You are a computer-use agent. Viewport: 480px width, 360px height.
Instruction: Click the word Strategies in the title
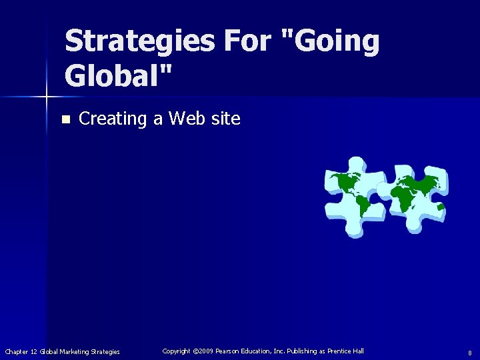pyautogui.click(x=139, y=41)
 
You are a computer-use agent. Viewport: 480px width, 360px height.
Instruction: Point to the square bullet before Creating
pyautogui.click(x=65, y=120)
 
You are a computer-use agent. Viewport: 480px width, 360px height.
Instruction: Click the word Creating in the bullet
pyautogui.click(x=112, y=119)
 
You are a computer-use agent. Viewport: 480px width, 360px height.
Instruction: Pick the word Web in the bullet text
pyautogui.click(x=185, y=119)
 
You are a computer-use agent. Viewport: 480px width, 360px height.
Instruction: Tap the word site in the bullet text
pyautogui.click(x=225, y=119)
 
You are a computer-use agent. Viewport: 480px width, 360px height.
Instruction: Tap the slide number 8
pyautogui.click(x=470, y=352)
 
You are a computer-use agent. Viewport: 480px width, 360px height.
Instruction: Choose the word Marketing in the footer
pyautogui.click(x=73, y=351)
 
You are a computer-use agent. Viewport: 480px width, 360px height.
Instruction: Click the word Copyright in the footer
pyautogui.click(x=177, y=351)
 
